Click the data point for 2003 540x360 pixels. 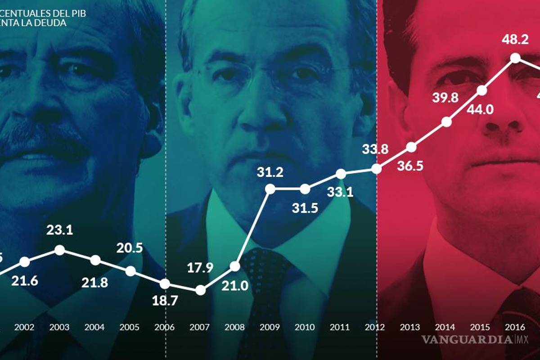[59, 250]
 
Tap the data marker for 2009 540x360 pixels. [270, 189]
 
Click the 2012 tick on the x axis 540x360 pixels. [375, 327]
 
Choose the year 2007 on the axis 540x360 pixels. [200, 327]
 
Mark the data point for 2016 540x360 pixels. [516, 58]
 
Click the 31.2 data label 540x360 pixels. [270, 172]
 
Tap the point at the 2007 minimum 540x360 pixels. [200, 290]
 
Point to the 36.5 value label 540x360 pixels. [410, 165]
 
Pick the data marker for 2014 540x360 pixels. [446, 121]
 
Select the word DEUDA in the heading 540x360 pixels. [53, 22]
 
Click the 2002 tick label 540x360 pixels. [24, 327]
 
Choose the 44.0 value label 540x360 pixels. [481, 109]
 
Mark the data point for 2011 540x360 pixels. [341, 174]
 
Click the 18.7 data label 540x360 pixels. [165, 301]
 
